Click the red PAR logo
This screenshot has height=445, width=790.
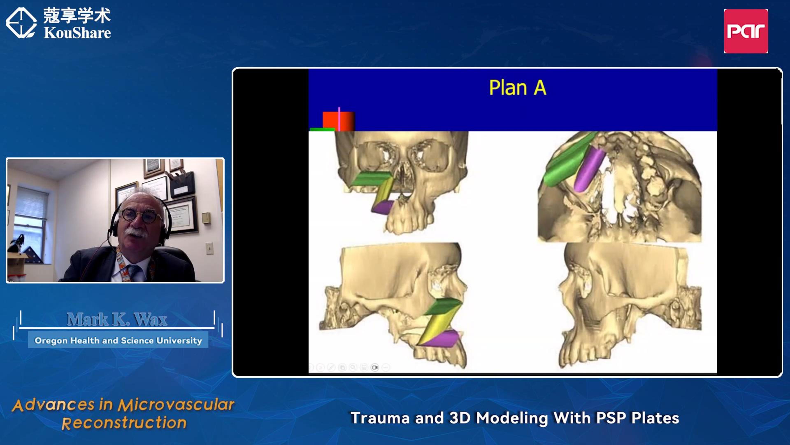[x=746, y=31]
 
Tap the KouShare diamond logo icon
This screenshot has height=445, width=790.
[x=21, y=23]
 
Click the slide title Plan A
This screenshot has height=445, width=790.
[x=518, y=88]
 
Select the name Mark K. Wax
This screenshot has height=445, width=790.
[x=117, y=319]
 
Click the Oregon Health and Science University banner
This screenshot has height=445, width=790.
[x=118, y=340]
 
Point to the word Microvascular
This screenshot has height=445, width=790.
[x=176, y=405]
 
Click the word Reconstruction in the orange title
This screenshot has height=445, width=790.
[x=124, y=423]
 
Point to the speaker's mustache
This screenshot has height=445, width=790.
[x=136, y=232]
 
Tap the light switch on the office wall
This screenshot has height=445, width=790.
[x=209, y=248]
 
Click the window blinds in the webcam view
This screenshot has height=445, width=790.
[x=31, y=203]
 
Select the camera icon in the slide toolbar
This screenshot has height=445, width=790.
[x=375, y=367]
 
